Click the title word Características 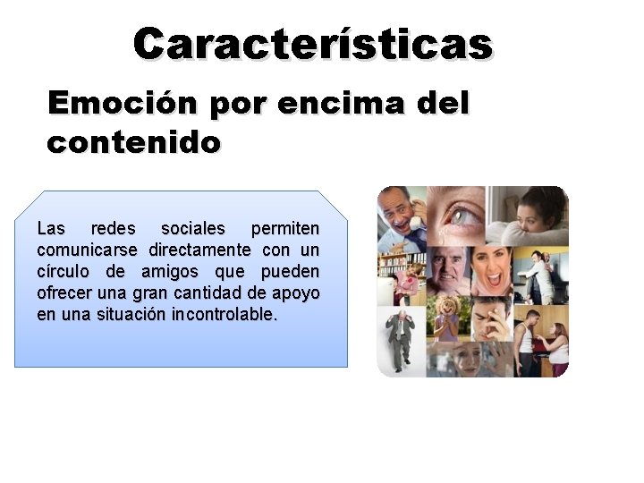point(313,43)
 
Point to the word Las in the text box point(51,229)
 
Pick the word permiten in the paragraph point(285,229)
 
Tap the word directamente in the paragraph point(205,250)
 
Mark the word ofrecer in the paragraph point(65,293)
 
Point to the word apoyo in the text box point(299,293)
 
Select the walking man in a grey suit point(397,340)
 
